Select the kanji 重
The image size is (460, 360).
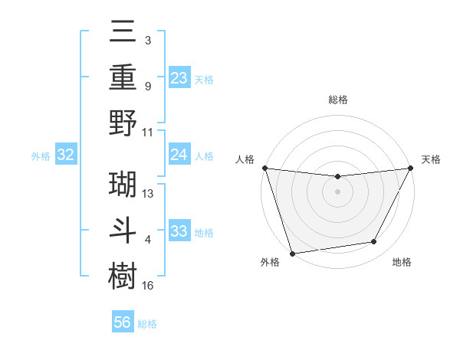pyautogui.click(x=123, y=79)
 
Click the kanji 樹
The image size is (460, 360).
pyautogui.click(x=123, y=273)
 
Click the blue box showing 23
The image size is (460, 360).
pyautogui.click(x=179, y=77)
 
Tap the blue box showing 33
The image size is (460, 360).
pyautogui.click(x=179, y=231)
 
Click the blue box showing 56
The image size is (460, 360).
pyautogui.click(x=123, y=322)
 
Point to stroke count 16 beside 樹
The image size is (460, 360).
pyautogui.click(x=149, y=286)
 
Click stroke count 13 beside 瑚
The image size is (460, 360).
pyautogui.click(x=149, y=194)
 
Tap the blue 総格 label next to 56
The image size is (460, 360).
pyautogui.click(x=147, y=324)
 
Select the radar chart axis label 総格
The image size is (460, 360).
pyautogui.click(x=337, y=100)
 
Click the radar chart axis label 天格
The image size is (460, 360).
pyautogui.click(x=431, y=159)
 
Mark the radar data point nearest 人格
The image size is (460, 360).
pyautogui.click(x=264, y=168)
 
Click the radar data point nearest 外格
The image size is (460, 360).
pyautogui.click(x=292, y=253)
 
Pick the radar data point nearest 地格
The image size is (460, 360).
pyautogui.click(x=374, y=242)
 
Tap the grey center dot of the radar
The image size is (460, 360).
pyautogui.click(x=337, y=191)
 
